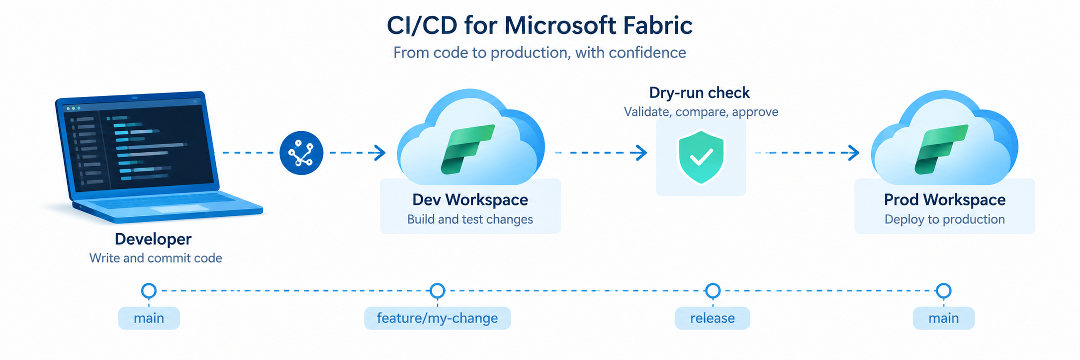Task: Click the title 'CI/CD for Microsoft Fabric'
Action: click(x=540, y=25)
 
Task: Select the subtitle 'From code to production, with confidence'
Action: click(x=540, y=53)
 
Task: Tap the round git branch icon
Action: click(x=301, y=153)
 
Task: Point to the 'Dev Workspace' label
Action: click(x=470, y=200)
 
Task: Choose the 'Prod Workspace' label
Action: click(x=945, y=200)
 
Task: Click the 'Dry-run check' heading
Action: click(x=699, y=93)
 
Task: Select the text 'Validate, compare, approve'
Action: click(x=701, y=112)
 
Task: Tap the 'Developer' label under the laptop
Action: click(x=153, y=239)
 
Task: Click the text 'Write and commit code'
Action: click(x=156, y=258)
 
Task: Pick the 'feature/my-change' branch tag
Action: click(x=438, y=318)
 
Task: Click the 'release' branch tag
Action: click(x=713, y=318)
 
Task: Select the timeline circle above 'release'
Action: click(x=713, y=291)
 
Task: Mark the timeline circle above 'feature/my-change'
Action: click(x=438, y=291)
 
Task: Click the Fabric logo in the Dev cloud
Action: click(x=468, y=149)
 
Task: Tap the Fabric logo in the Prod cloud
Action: click(x=941, y=149)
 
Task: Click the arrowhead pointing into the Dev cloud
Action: click(x=380, y=153)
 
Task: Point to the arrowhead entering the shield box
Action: click(x=641, y=153)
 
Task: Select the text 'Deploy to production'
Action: click(x=945, y=219)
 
